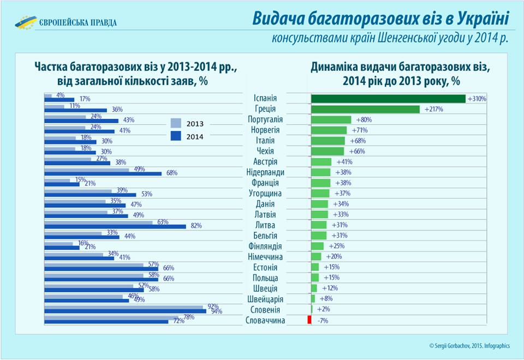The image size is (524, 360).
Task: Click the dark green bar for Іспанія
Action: [388, 99]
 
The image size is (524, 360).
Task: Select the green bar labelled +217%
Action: [365, 109]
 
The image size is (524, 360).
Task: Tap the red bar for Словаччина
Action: [309, 320]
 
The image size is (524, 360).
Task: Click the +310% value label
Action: [477, 99]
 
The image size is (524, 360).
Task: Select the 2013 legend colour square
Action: [176, 123]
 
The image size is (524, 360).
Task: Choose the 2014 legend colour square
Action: [176, 136]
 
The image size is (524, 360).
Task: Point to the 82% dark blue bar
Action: [115, 226]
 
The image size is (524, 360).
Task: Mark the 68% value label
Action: [171, 173]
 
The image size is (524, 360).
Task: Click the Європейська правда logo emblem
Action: [25, 22]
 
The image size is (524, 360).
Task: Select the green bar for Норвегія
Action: [329, 130]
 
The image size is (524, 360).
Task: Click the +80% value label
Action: [364, 120]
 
